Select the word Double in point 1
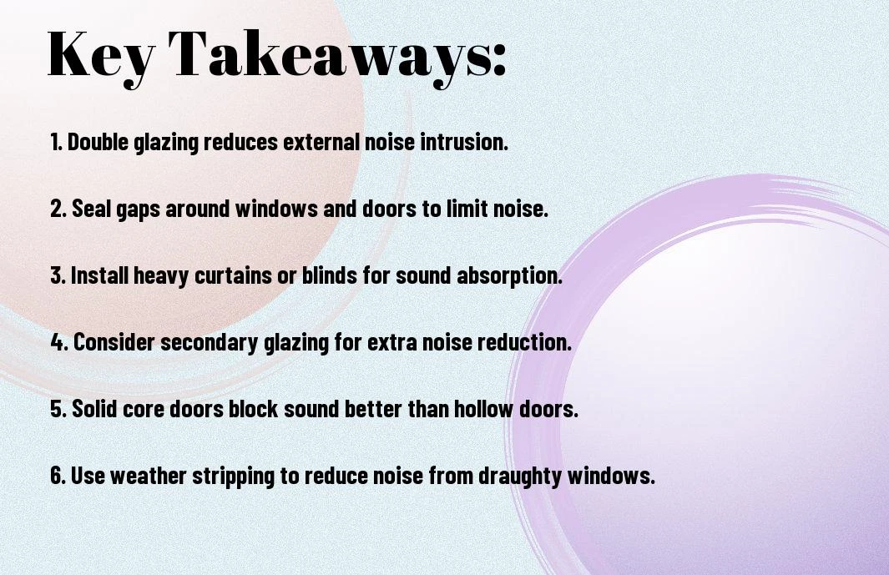pyautogui.click(x=98, y=142)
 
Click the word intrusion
pyautogui.click(x=464, y=142)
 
